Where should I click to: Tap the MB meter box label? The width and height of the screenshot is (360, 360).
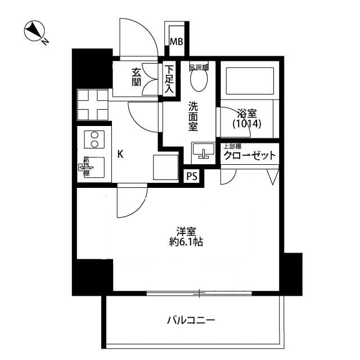pyautogui.click(x=177, y=41)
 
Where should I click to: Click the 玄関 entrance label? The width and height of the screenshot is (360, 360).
pyautogui.click(x=136, y=77)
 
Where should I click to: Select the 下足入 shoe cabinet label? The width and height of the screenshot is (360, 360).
pyautogui.click(x=169, y=79)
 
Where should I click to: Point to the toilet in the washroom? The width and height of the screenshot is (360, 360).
pyautogui.click(x=198, y=80)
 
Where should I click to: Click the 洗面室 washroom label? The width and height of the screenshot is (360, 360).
pyautogui.click(x=193, y=116)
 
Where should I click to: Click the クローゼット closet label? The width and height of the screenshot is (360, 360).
pyautogui.click(x=250, y=156)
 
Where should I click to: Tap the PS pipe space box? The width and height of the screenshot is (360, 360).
pyautogui.click(x=192, y=176)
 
